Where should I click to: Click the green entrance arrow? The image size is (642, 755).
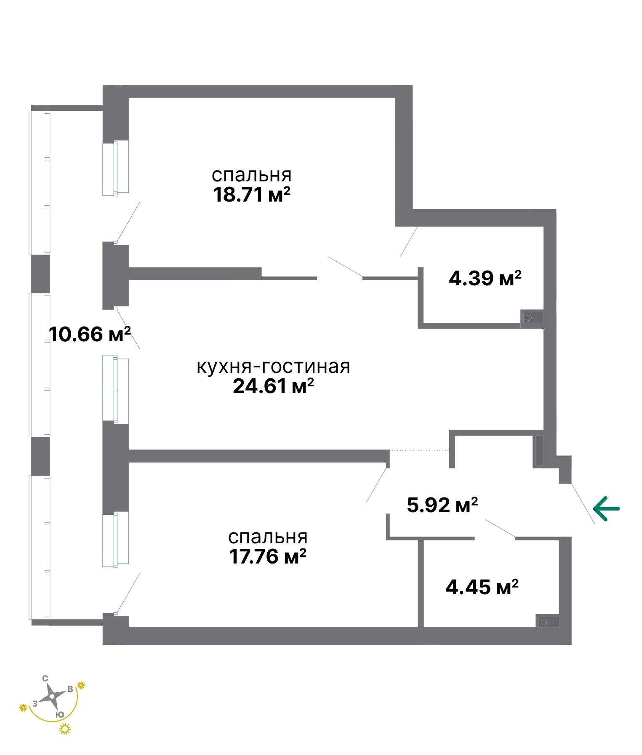coord(606,508)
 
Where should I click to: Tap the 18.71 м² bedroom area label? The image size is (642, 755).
coord(252,195)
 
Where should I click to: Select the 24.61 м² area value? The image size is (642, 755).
coord(274,386)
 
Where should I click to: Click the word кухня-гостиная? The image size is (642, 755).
coord(273,367)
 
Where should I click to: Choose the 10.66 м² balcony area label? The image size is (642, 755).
coord(90,334)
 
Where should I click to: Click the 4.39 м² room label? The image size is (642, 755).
coord(485,278)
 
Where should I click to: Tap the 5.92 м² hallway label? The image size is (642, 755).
coord(442,505)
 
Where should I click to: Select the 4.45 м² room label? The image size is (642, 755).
coord(482,587)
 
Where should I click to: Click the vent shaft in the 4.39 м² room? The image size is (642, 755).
coord(532,318)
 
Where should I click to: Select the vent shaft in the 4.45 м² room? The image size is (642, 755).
coord(547,622)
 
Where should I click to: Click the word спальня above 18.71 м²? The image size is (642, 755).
coord(252,175)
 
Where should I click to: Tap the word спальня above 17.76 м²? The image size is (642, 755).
coord(268,537)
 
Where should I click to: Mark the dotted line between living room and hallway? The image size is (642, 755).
coord(419,451)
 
